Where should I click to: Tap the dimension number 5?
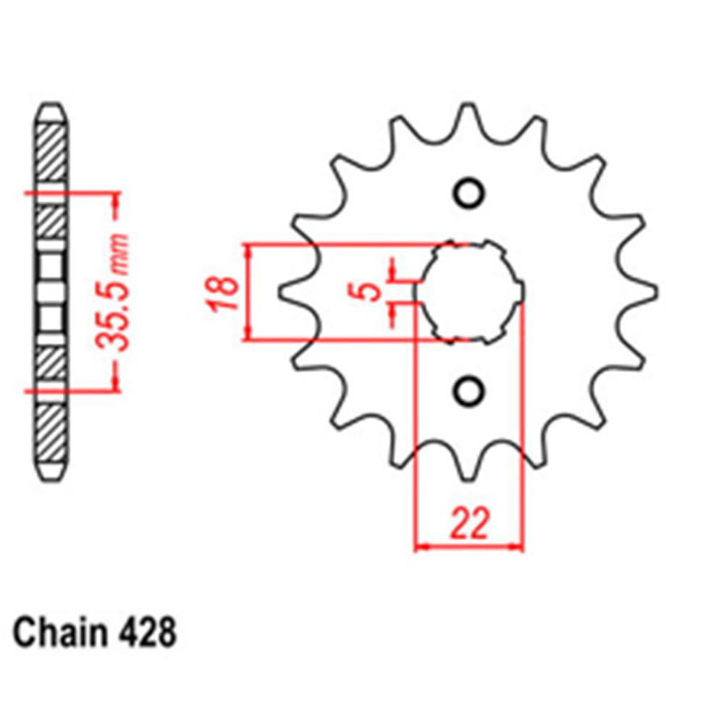coord(370,292)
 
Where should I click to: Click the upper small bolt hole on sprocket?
coord(468,193)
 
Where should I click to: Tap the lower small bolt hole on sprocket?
coord(468,391)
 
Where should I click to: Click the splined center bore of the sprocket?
coord(469,292)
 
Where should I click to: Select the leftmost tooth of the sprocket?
coord(290,292)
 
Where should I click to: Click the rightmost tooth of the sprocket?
coord(647,292)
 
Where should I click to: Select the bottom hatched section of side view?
coord(51,434)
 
